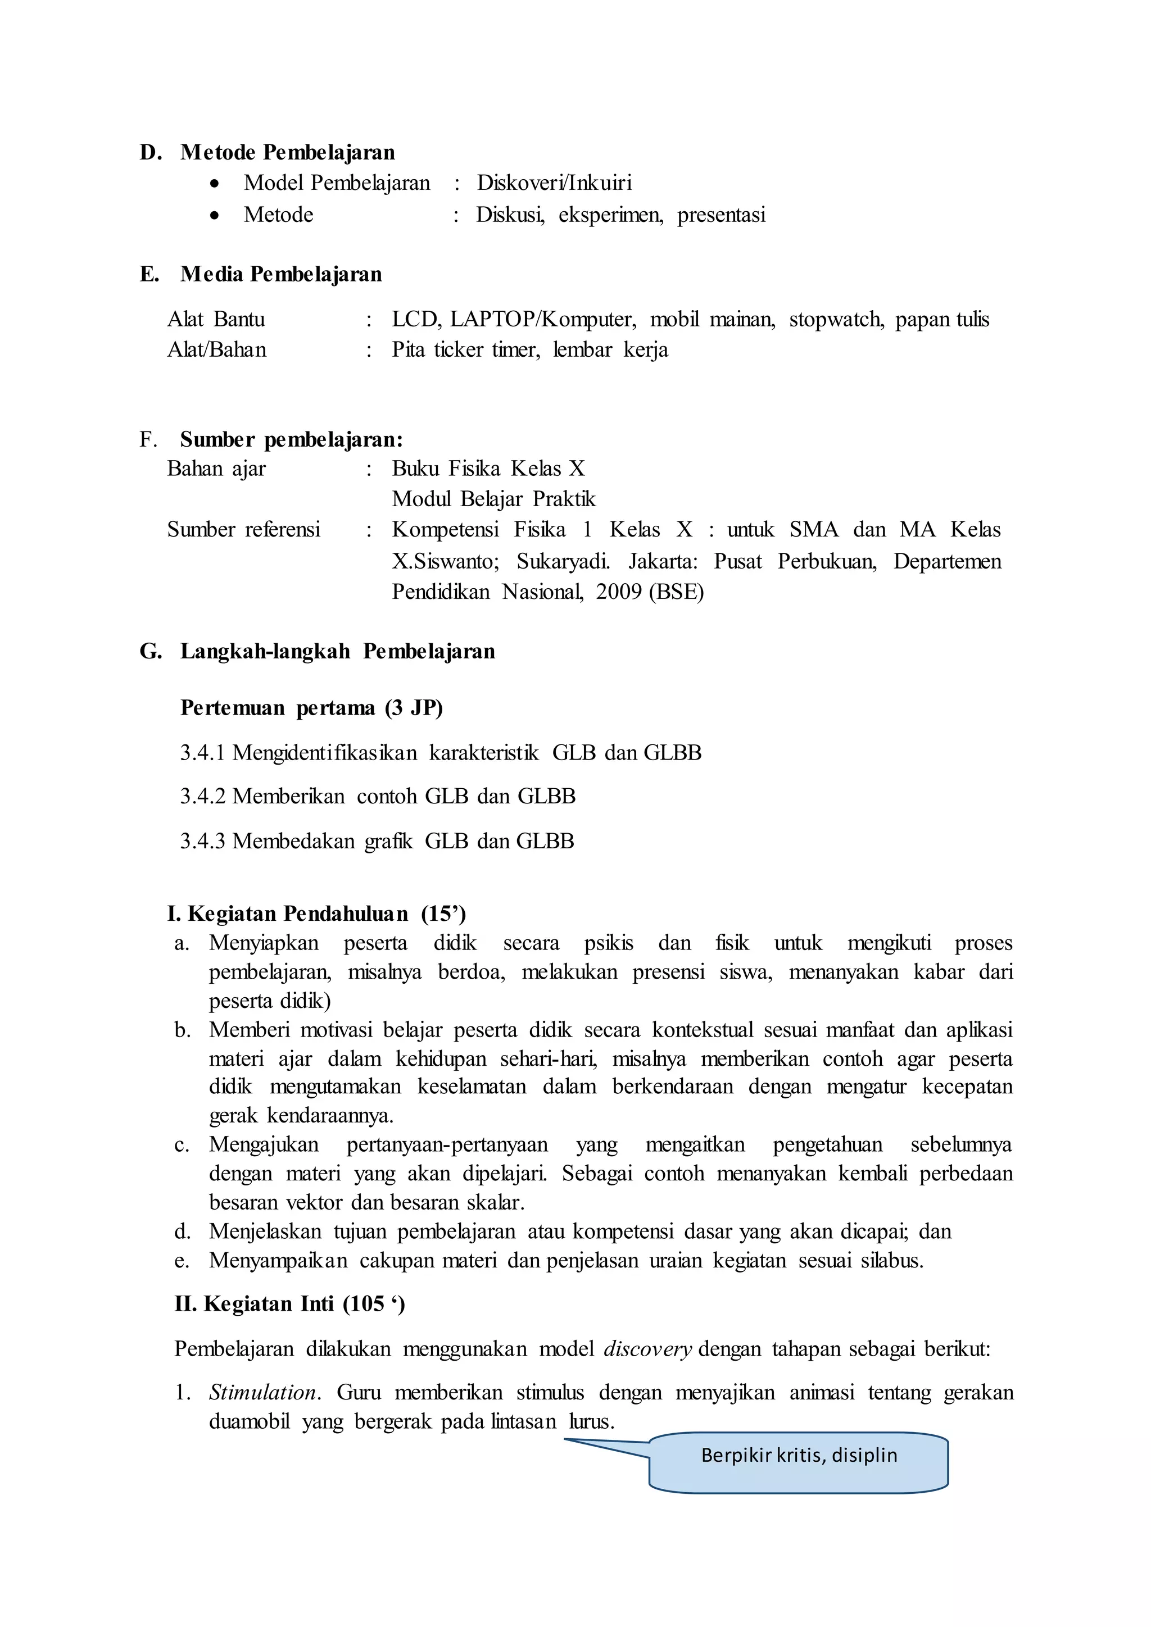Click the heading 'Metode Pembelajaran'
pos(287,152)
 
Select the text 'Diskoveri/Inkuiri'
pos(554,183)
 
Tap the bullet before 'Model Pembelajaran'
pos(215,184)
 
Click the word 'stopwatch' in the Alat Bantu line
pos(836,320)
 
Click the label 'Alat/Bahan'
pos(217,350)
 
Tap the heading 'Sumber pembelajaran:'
pos(291,440)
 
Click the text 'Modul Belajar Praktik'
pos(493,499)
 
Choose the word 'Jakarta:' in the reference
pos(663,561)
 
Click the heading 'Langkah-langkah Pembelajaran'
pos(337,651)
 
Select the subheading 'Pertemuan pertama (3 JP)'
pos(311,708)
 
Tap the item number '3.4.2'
pos(203,797)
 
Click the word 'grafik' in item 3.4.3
pos(388,841)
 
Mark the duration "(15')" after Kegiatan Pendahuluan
pos(443,914)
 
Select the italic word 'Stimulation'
pos(263,1393)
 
